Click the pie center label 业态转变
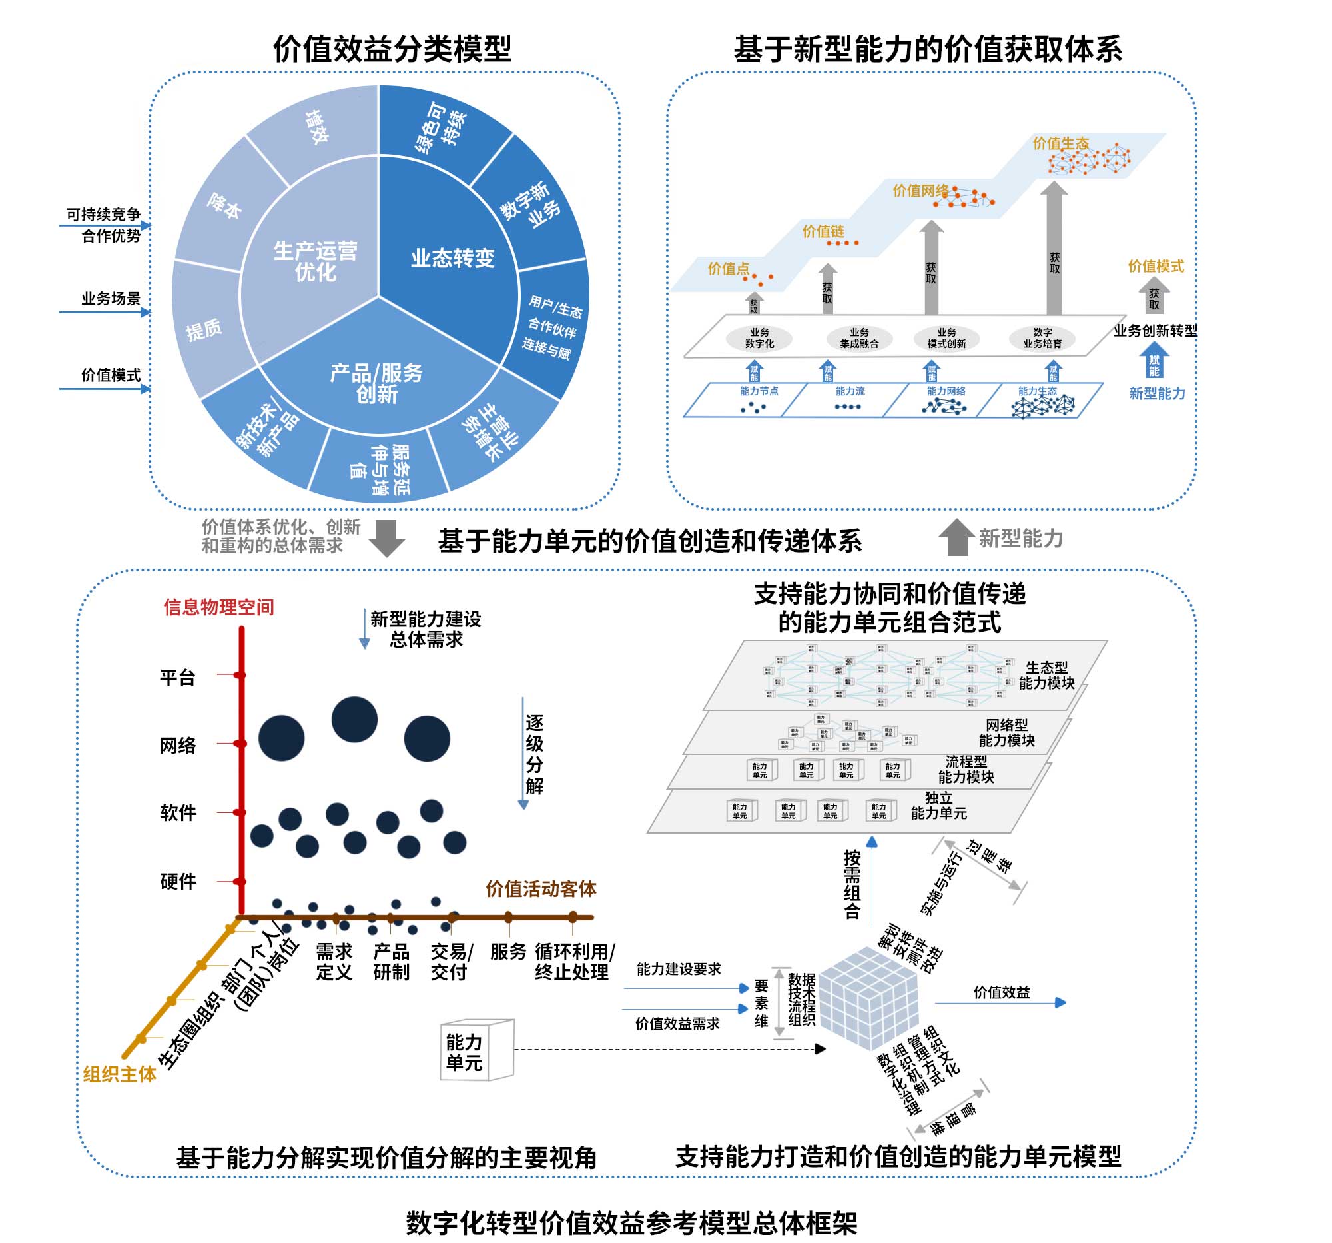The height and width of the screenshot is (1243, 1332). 452,257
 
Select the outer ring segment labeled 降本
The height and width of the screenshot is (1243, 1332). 224,206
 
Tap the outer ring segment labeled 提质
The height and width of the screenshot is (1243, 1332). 204,329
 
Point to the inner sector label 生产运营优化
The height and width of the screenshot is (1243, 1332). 315,261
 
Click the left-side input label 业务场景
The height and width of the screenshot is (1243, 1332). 111,299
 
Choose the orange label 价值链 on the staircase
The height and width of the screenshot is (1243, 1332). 823,231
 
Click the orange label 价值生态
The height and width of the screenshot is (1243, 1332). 1060,143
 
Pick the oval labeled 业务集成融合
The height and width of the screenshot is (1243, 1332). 859,338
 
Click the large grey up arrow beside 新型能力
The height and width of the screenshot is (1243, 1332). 956,537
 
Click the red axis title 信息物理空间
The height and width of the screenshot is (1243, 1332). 218,607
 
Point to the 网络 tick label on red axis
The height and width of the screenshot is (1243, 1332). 178,746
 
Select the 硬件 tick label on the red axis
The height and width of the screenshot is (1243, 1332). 178,881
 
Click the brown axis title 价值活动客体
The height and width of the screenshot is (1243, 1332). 541,889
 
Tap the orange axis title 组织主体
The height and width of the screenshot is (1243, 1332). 119,1074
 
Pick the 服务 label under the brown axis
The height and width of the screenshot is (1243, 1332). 508,951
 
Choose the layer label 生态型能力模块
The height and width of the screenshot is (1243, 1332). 1046,675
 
